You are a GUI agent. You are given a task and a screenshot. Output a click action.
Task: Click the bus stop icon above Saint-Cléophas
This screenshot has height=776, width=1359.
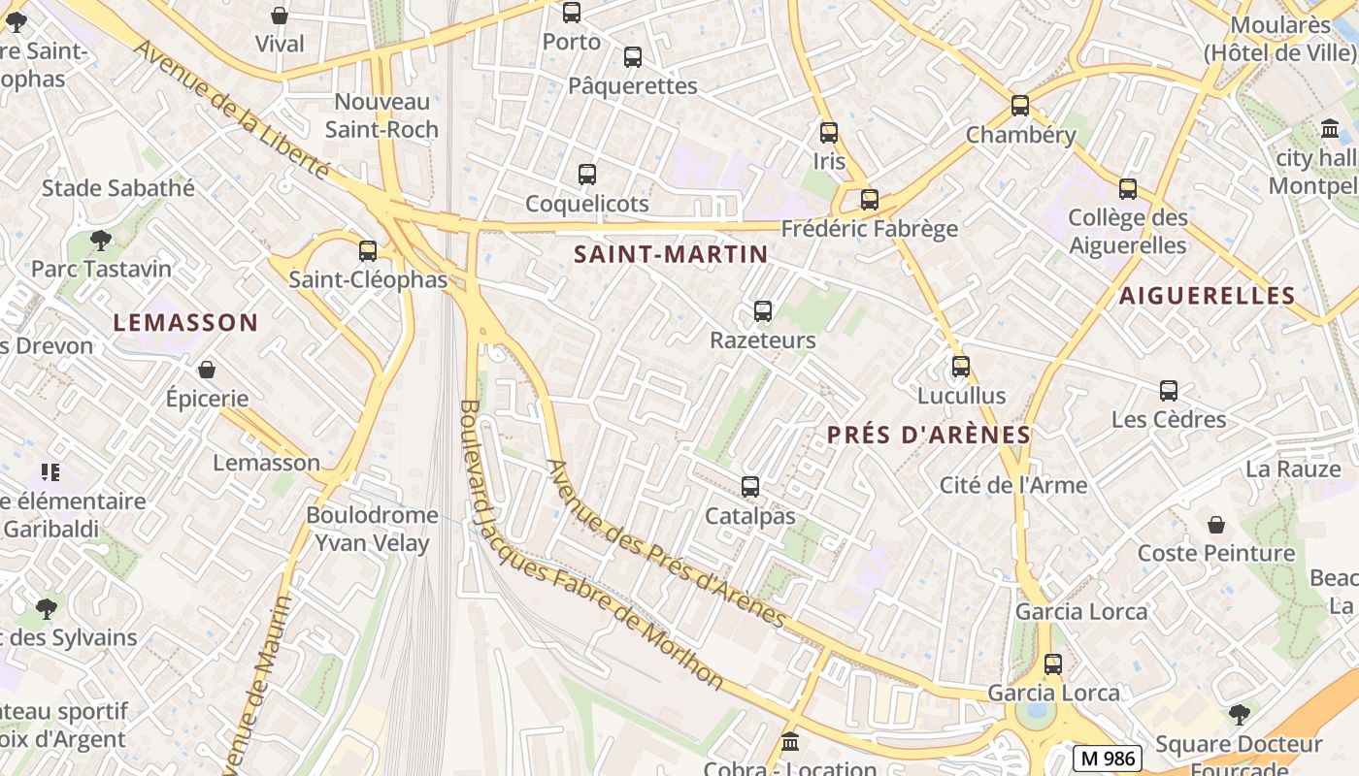(x=367, y=251)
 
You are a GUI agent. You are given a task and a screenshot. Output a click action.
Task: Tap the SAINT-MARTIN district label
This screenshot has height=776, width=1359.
(x=671, y=254)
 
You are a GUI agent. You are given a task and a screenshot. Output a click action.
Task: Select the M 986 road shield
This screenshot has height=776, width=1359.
(x=1107, y=758)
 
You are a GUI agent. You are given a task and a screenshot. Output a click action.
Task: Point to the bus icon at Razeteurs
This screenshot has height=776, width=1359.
(x=763, y=311)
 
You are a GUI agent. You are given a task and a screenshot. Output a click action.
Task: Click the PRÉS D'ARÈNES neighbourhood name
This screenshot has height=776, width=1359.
(x=928, y=436)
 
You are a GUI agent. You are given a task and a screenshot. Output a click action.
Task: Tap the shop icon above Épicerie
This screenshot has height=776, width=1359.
(x=207, y=370)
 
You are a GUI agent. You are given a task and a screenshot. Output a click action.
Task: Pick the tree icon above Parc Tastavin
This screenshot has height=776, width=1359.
(x=100, y=240)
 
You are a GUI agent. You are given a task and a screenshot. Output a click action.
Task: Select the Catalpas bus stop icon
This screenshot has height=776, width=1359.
(x=750, y=487)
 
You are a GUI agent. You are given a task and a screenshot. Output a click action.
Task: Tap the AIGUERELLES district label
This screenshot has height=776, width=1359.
(x=1207, y=296)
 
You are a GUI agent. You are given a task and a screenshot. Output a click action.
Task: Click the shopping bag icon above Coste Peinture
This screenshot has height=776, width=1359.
(x=1216, y=525)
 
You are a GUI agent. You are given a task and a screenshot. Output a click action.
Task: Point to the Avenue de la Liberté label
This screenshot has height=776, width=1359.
(x=233, y=109)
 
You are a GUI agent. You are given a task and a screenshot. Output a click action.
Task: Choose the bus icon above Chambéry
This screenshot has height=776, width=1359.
(x=1020, y=106)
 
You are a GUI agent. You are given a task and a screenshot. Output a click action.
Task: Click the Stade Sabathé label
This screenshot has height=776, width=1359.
(x=117, y=188)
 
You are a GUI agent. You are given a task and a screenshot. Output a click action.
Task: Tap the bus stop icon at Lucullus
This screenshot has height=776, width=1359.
(x=961, y=367)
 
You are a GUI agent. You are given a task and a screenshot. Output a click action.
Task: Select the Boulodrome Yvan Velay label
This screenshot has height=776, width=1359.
(x=372, y=529)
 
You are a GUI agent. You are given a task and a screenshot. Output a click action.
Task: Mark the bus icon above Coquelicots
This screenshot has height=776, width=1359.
(x=587, y=175)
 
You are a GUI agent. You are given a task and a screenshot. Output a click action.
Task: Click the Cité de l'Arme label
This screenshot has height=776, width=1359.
(x=1013, y=485)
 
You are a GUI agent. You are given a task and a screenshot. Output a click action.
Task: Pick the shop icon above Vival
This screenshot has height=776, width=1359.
(x=280, y=16)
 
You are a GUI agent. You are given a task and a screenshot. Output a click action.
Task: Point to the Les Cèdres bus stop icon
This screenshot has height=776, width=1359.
(x=1169, y=391)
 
